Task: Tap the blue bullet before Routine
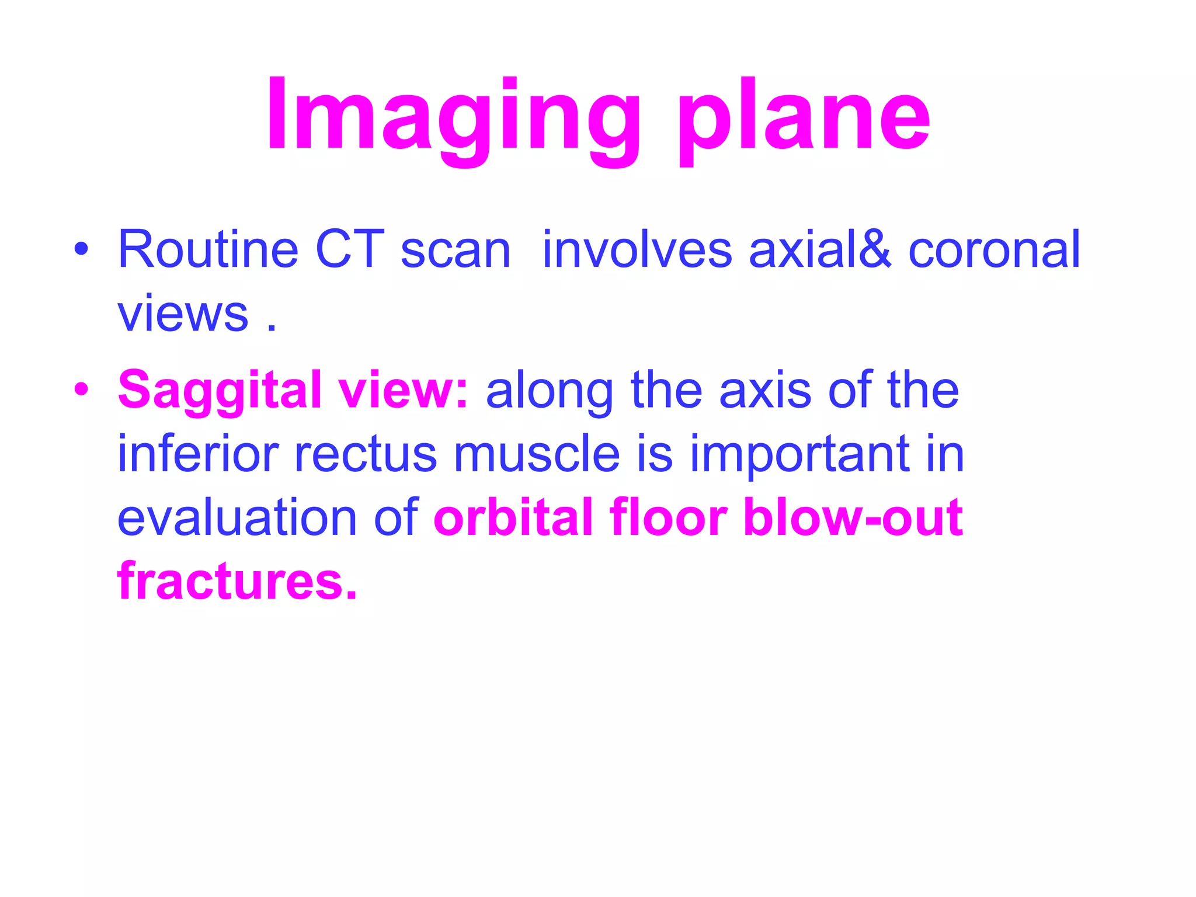(x=81, y=250)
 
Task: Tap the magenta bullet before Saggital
(x=81, y=390)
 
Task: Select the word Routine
(x=208, y=250)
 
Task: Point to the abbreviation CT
(x=350, y=250)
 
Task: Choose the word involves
(x=637, y=250)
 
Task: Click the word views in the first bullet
(x=183, y=314)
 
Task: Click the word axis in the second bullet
(x=765, y=390)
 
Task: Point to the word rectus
(x=365, y=454)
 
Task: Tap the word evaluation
(x=237, y=517)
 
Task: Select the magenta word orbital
(x=513, y=517)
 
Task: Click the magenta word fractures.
(x=237, y=582)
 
